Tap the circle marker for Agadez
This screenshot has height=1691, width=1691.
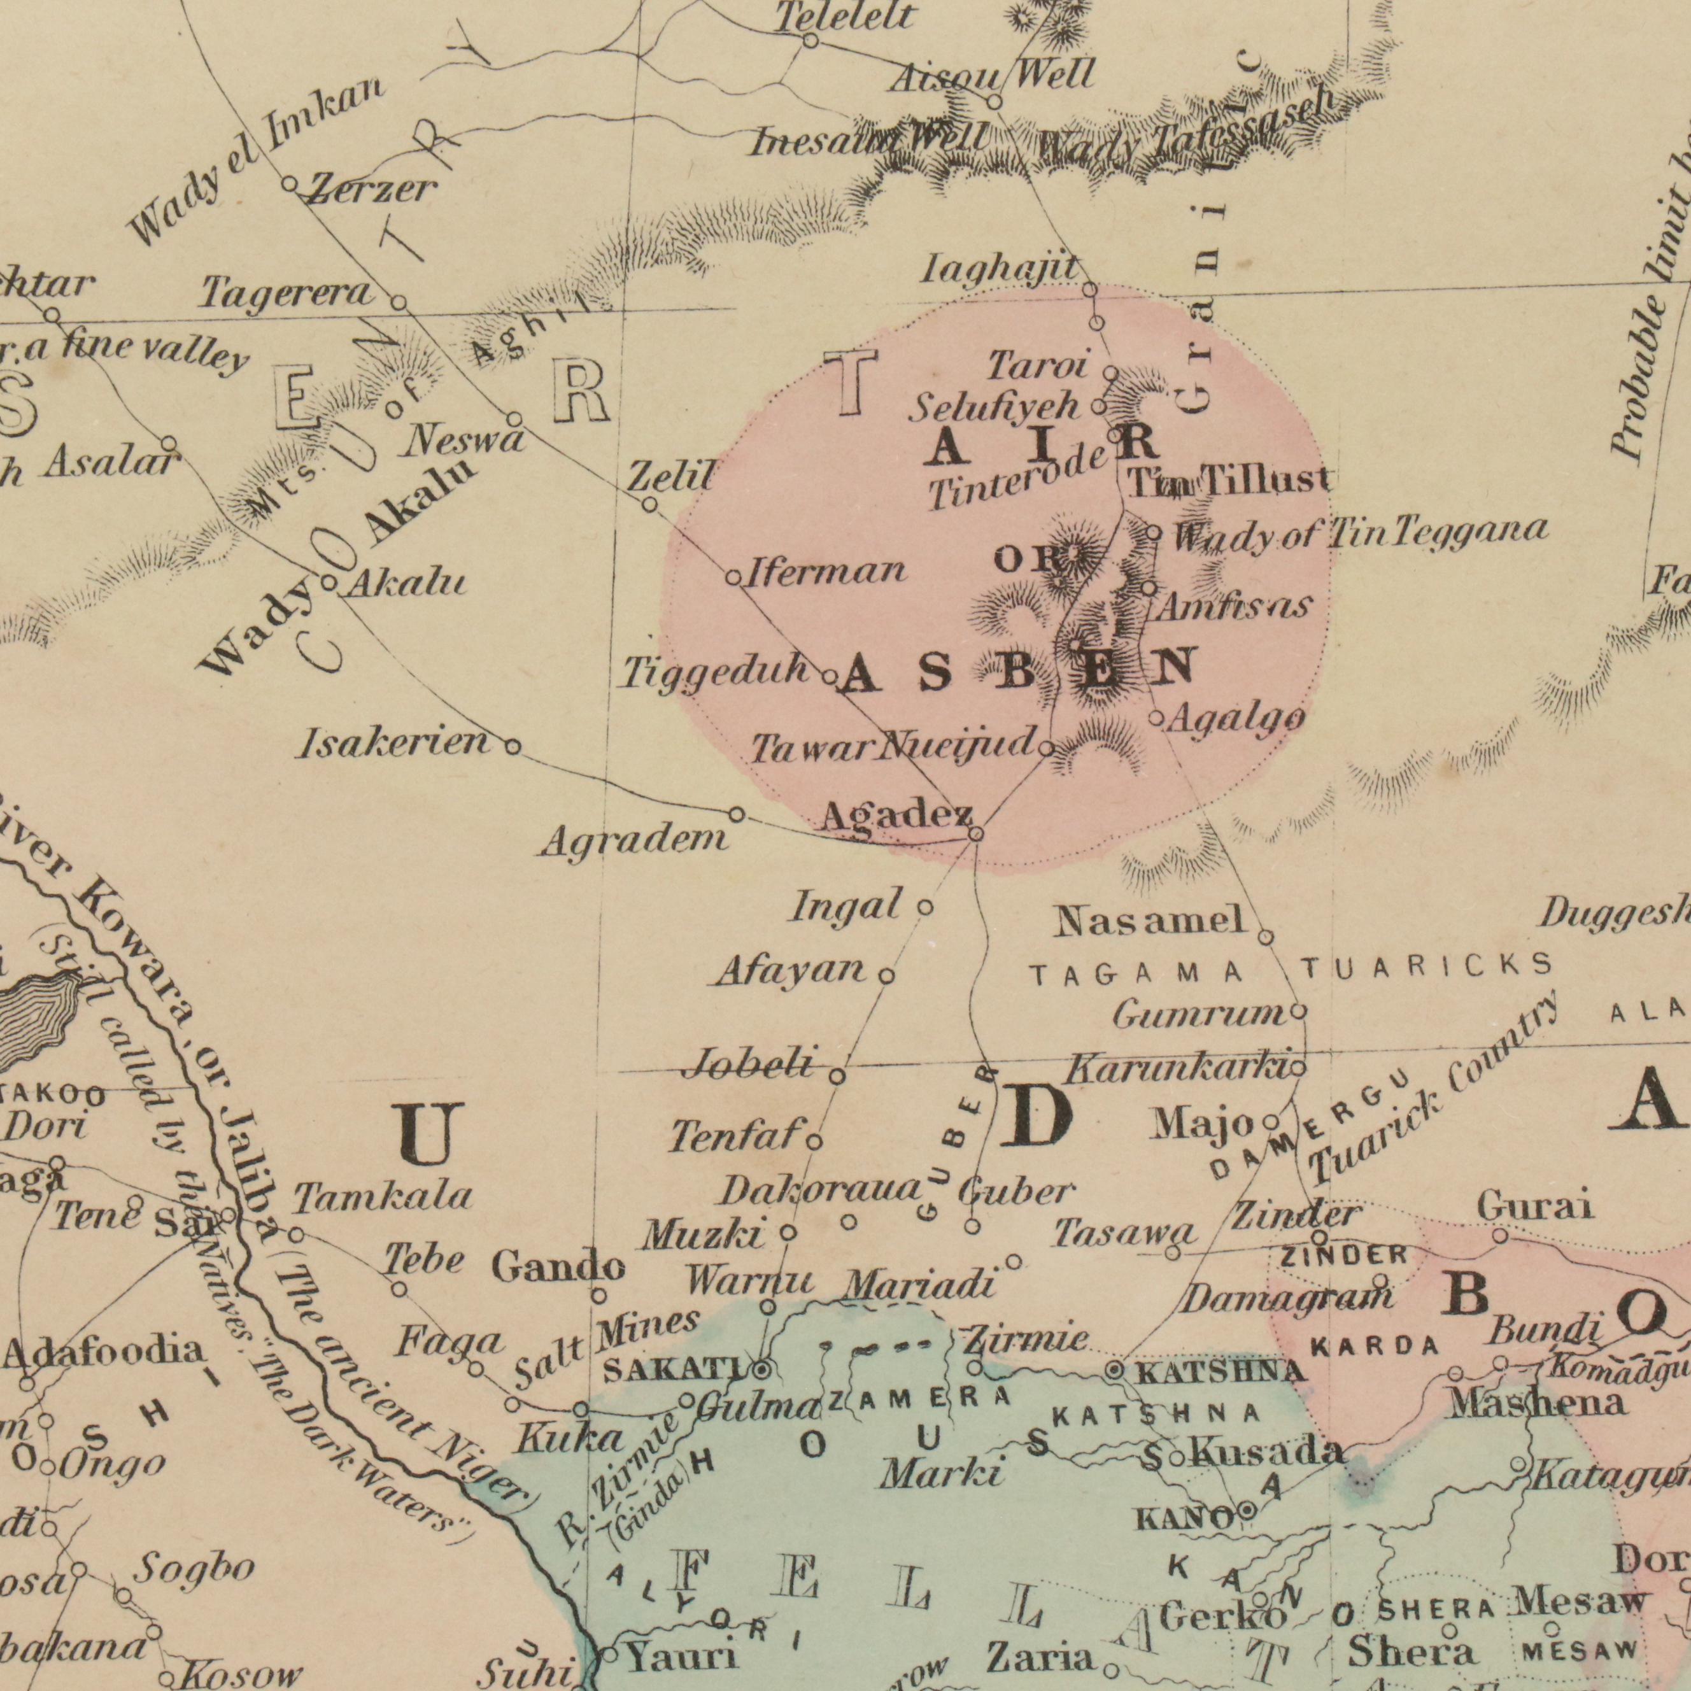click(977, 835)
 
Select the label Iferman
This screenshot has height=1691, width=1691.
click(826, 572)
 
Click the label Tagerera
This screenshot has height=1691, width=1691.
click(287, 294)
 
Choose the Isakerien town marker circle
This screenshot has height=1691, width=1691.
click(513, 747)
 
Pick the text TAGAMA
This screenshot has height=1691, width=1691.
click(1136, 973)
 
